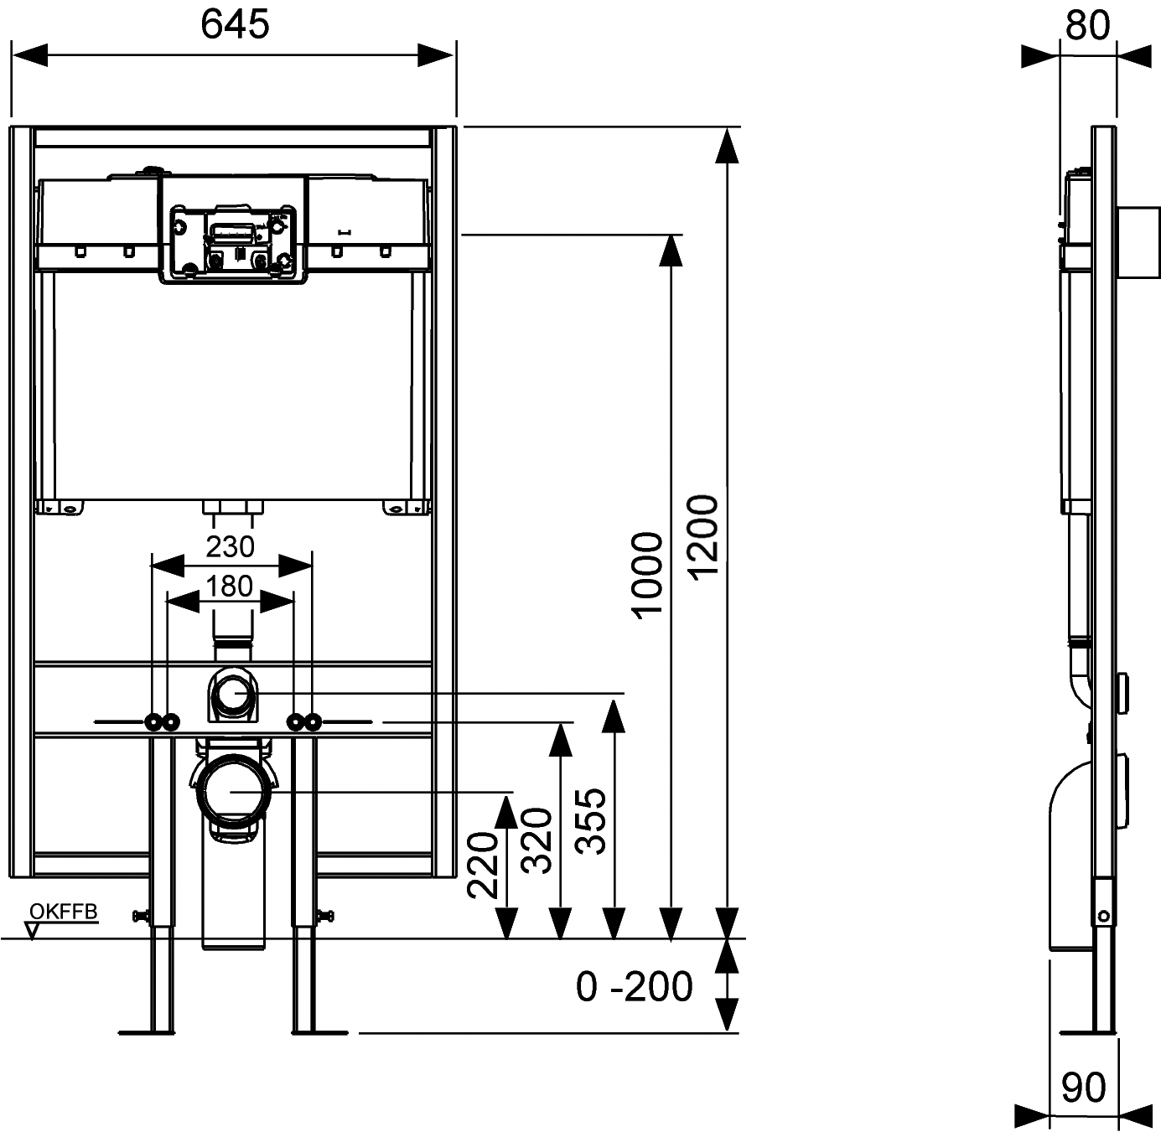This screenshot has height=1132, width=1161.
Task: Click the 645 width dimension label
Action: pyautogui.click(x=235, y=25)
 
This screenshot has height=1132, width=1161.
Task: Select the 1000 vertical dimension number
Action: pyautogui.click(x=648, y=573)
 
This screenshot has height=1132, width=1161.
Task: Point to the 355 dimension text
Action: pyautogui.click(x=592, y=821)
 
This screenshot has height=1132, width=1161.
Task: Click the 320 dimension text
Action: pyautogui.click(x=537, y=841)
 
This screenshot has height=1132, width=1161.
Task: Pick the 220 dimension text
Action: pyautogui.click(x=484, y=865)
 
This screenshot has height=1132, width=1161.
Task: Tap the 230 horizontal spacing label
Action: pyautogui.click(x=230, y=546)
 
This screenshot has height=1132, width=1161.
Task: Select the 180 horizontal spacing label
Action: pyautogui.click(x=230, y=586)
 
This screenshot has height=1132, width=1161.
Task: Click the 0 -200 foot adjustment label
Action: pyautogui.click(x=635, y=986)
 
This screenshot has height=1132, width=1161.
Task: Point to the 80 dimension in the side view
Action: pyautogui.click(x=1088, y=25)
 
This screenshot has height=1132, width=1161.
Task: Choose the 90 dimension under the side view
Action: pyautogui.click(x=1084, y=1088)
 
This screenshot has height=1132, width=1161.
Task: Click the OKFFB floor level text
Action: pyautogui.click(x=64, y=912)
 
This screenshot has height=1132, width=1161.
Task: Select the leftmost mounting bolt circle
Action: pyautogui.click(x=153, y=721)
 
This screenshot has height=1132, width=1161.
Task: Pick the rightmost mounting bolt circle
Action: pyautogui.click(x=313, y=721)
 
